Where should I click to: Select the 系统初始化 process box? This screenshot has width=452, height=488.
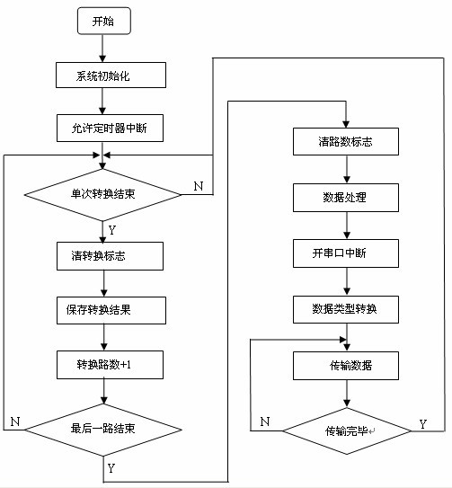[x=110, y=75]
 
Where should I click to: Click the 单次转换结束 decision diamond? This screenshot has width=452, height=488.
[x=104, y=194]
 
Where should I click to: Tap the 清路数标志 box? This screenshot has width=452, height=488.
[x=345, y=141]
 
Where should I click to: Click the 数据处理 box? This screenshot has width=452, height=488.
[x=345, y=197]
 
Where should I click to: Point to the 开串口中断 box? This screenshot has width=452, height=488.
[x=345, y=253]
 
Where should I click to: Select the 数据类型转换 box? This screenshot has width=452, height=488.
[x=345, y=309]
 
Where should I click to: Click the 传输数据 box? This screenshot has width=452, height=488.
[x=345, y=365]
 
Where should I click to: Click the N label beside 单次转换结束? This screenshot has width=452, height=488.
[x=198, y=187]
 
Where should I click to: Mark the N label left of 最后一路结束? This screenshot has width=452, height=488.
[x=15, y=421]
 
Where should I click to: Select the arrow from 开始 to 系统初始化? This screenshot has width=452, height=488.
[x=105, y=49]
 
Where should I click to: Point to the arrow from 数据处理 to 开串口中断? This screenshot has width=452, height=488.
[x=345, y=225]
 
